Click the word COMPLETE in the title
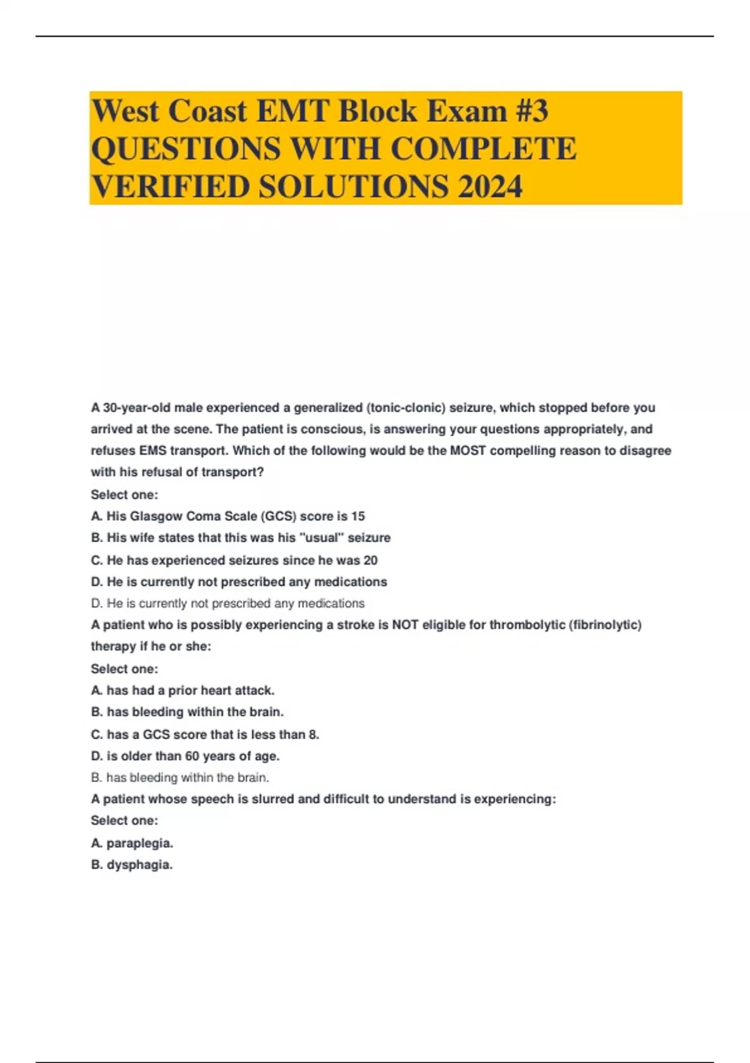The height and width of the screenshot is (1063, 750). click(483, 149)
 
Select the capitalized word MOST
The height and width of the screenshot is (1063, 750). click(467, 450)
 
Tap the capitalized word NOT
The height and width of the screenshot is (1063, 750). click(405, 625)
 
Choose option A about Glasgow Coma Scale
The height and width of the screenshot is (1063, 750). click(228, 516)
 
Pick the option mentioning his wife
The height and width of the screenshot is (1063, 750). click(241, 537)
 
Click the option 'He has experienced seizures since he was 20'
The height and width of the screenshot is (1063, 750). click(234, 560)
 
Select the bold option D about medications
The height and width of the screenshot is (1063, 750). click(239, 582)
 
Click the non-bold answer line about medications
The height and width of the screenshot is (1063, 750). click(227, 603)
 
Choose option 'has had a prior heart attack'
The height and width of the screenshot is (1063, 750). click(182, 690)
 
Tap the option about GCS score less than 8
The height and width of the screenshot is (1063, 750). click(205, 734)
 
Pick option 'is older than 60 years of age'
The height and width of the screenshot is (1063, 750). click(185, 756)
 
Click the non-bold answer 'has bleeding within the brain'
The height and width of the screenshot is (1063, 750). click(180, 778)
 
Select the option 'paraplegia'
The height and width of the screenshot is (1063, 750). click(132, 843)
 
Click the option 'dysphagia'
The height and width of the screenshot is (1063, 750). click(132, 865)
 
